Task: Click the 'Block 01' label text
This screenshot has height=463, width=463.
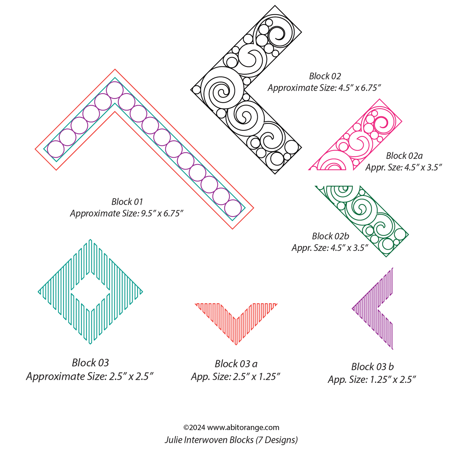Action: [127, 202]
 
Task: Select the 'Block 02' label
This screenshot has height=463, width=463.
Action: [325, 76]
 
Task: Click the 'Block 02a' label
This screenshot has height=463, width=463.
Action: [404, 156]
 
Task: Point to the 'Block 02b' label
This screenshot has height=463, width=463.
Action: [330, 236]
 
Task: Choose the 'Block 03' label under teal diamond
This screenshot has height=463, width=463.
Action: [90, 363]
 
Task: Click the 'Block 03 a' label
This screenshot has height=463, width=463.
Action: [236, 364]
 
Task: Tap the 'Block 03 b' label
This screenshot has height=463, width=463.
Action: [372, 367]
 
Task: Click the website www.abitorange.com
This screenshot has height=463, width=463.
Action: [243, 427]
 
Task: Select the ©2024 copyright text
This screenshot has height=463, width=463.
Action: [194, 427]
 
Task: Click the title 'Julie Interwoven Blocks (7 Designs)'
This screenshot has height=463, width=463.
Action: [231, 440]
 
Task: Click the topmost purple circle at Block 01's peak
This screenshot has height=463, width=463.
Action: [115, 90]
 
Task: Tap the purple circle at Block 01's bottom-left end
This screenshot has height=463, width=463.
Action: [56, 149]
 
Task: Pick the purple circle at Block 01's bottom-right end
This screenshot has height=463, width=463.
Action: [233, 208]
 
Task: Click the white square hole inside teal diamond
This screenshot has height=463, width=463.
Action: [90, 291]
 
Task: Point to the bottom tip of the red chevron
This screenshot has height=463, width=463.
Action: [236, 344]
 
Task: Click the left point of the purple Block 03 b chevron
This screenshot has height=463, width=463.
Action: [353, 308]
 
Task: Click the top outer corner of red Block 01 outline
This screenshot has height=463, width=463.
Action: [115, 70]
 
